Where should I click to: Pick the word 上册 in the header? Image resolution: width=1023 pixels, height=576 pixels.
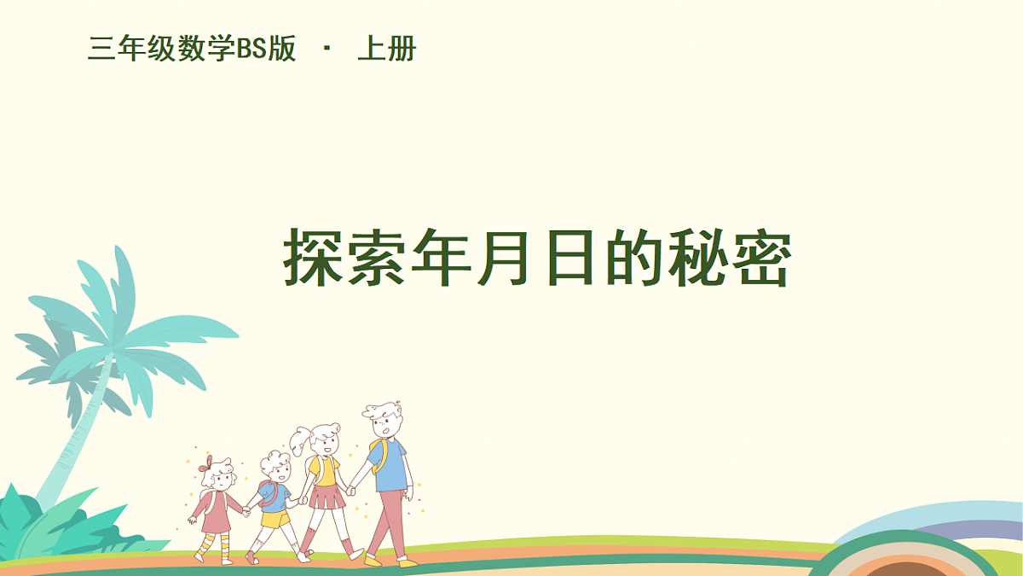tap(386, 49)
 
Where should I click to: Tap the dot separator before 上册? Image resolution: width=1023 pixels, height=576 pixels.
tap(327, 49)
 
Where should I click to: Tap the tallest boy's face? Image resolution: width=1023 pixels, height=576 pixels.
tap(386, 425)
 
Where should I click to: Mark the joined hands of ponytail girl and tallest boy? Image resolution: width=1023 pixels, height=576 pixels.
tap(350, 491)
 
